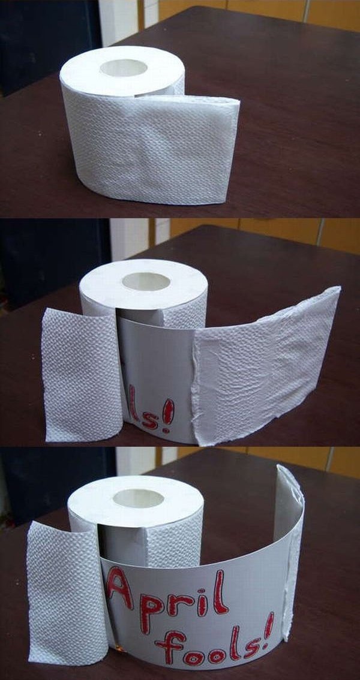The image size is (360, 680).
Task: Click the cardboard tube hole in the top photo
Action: [x=124, y=68]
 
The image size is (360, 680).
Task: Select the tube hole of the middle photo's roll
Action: [x=146, y=281]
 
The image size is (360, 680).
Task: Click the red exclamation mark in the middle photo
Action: [x=168, y=416]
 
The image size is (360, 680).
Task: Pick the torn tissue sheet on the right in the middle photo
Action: [x=265, y=365]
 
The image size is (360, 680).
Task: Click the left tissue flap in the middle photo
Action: [x=81, y=375]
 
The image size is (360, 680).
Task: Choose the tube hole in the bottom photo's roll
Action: [x=139, y=498]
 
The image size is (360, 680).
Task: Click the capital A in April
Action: [x=119, y=588]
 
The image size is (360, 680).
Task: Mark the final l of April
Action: [x=220, y=591]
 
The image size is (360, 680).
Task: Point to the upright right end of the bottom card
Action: [x=289, y=550]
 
